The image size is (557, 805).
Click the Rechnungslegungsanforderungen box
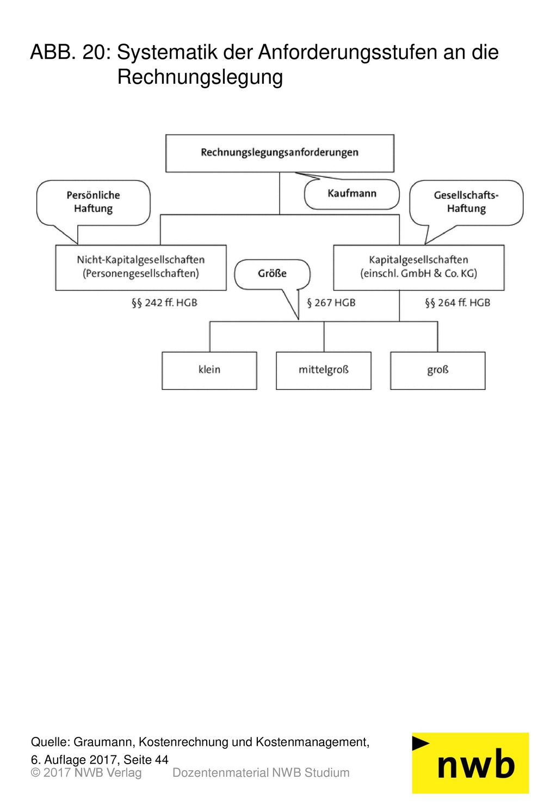tap(280, 153)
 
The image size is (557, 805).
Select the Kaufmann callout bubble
tap(351, 194)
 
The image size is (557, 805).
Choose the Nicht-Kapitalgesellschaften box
tap(141, 268)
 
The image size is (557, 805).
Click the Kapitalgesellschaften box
tap(419, 268)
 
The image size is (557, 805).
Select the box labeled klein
tap(209, 371)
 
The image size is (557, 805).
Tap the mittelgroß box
tap(324, 371)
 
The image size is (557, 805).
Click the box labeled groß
tap(438, 371)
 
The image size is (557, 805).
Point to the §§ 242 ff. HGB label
tap(164, 303)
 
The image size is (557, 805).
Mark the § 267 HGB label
tap(331, 303)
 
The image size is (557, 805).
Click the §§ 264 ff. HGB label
tap(457, 303)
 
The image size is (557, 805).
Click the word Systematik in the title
tap(168, 52)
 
